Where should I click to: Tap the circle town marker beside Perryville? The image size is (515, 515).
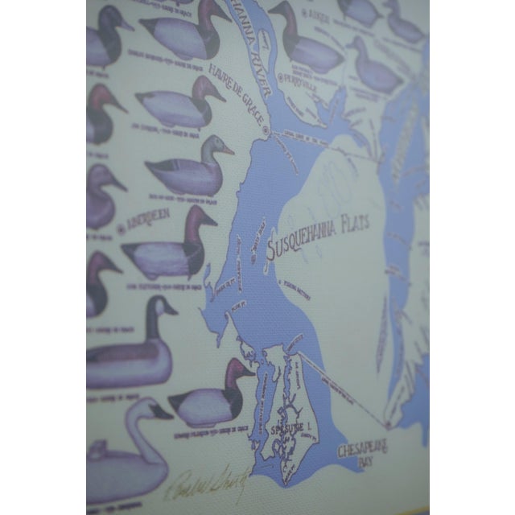pyautogui.click(x=282, y=77)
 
